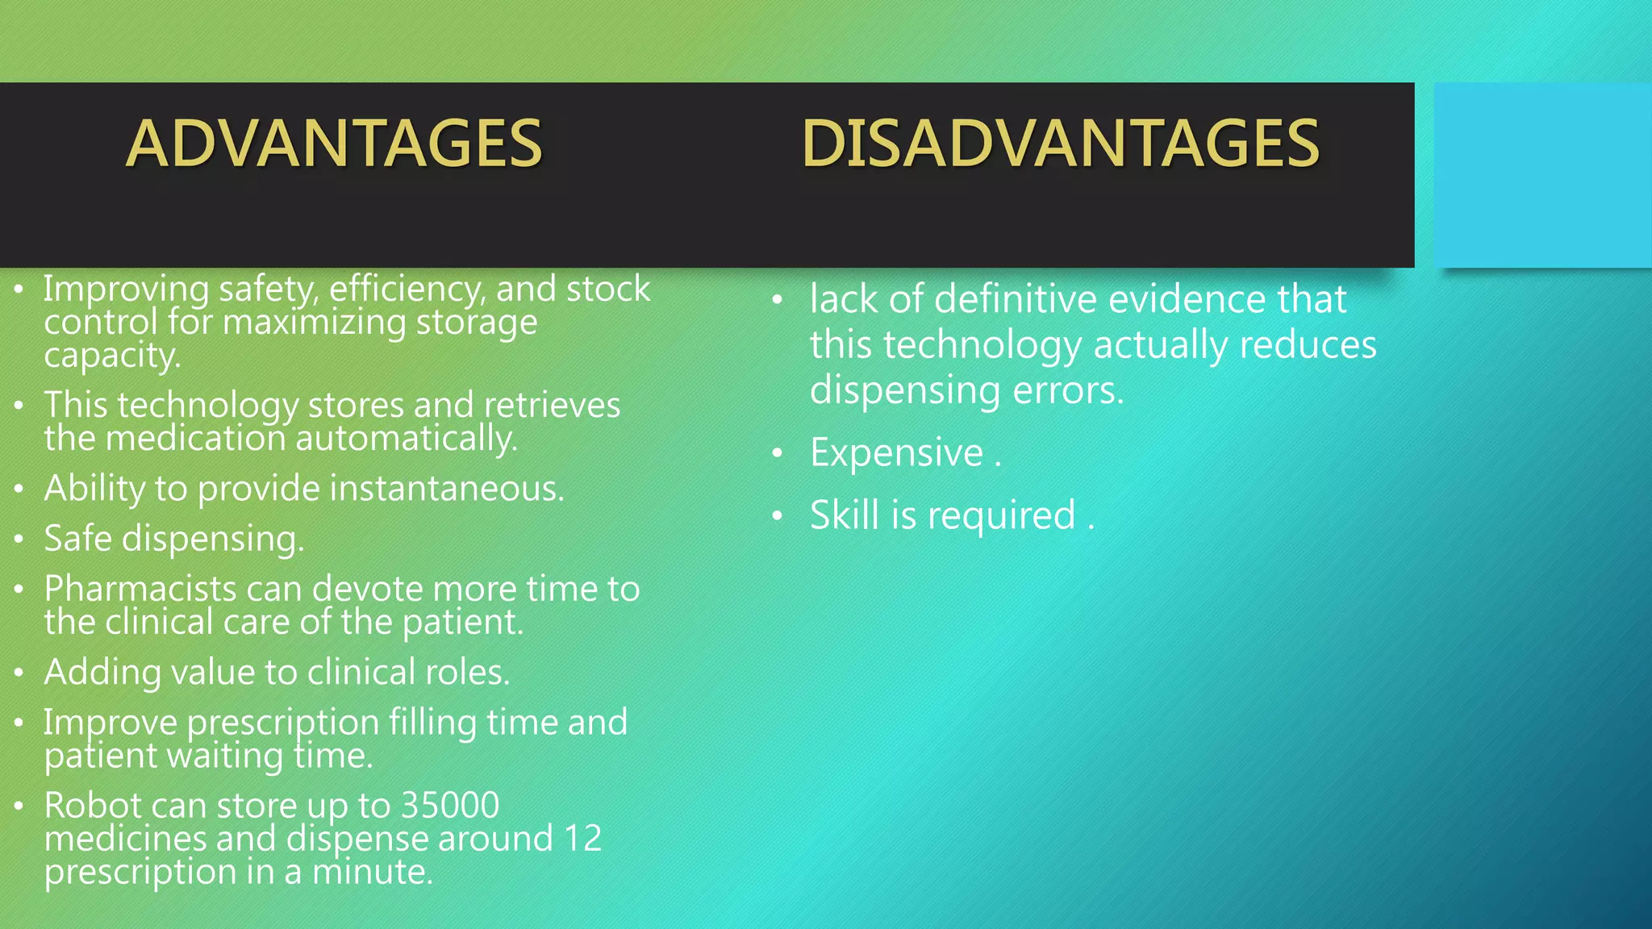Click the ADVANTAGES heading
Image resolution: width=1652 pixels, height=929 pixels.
[334, 144]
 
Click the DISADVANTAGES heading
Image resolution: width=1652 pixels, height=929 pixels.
[1060, 144]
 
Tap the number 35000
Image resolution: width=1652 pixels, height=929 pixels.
[450, 805]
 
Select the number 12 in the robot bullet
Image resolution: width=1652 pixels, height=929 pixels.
[582, 839]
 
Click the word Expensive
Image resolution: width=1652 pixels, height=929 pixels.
[896, 452]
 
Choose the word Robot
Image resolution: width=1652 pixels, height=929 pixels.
[90, 805]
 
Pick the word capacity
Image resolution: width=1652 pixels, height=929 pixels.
[111, 356]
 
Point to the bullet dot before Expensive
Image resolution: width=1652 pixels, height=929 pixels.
[777, 454]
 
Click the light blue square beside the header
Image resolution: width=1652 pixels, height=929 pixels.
[1542, 174]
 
